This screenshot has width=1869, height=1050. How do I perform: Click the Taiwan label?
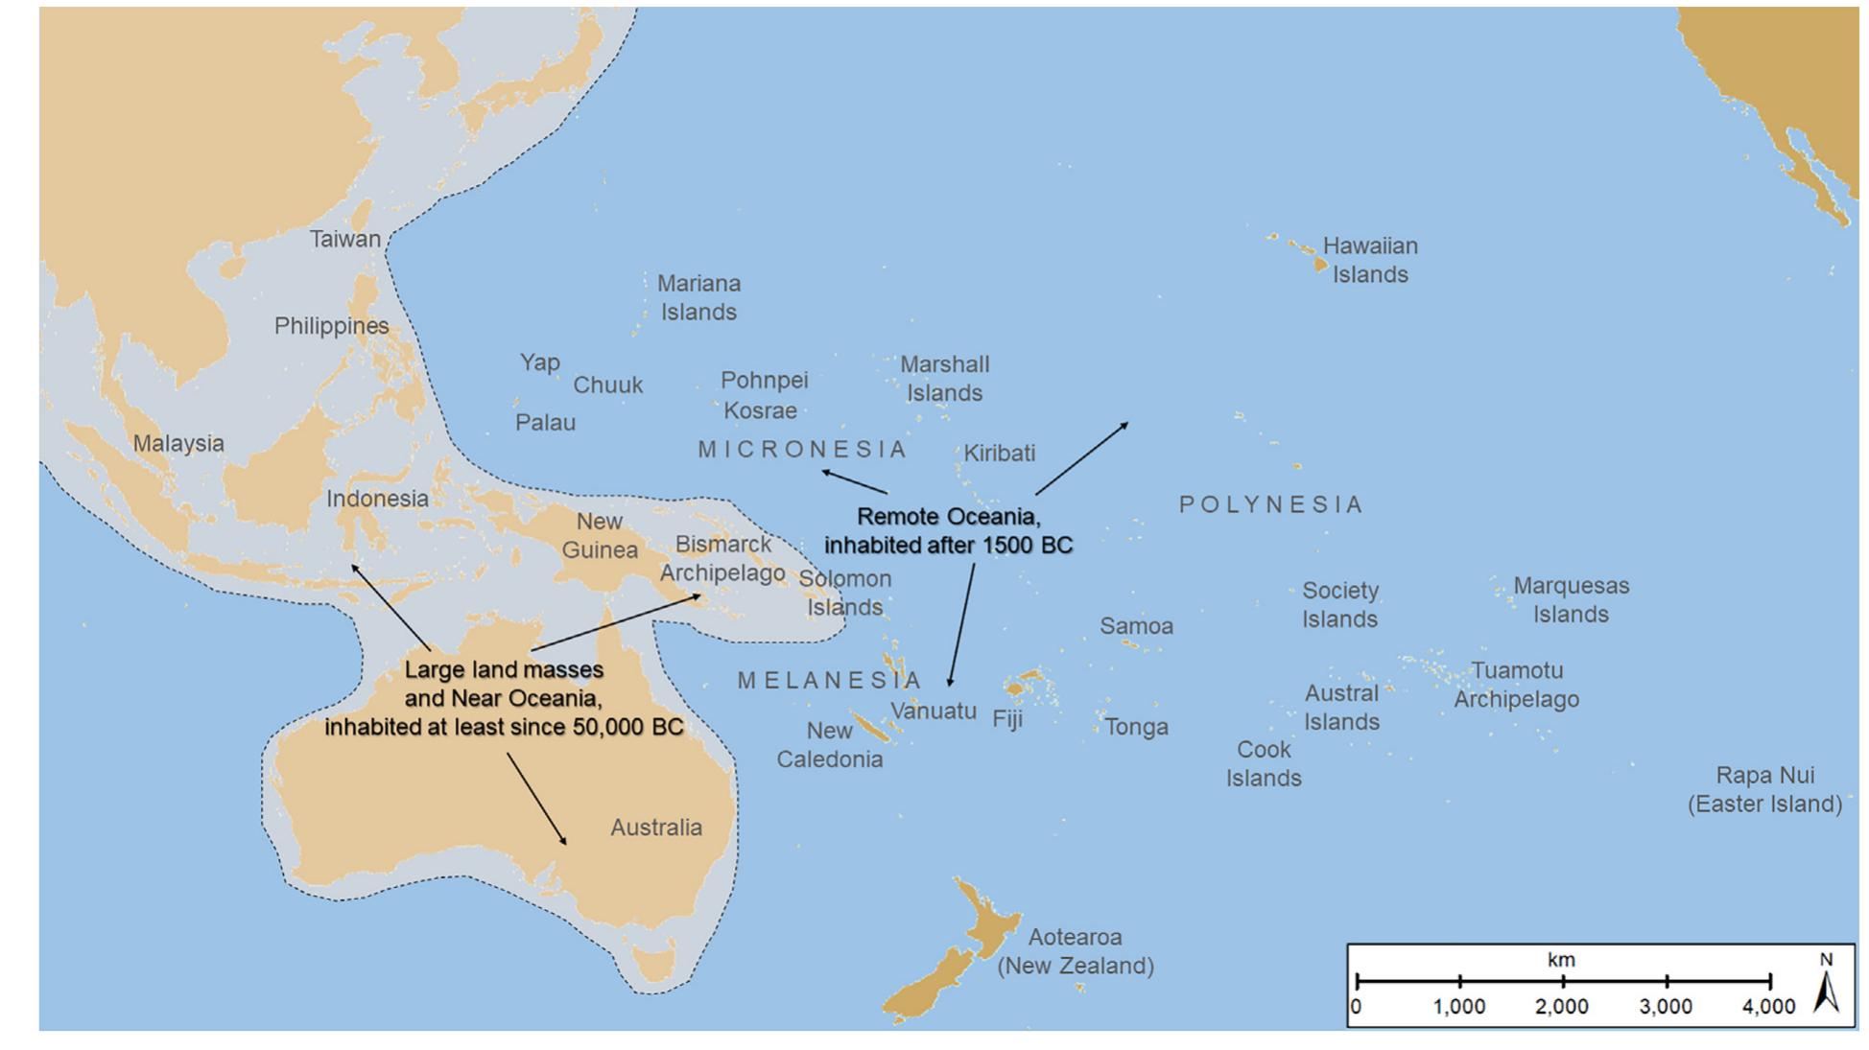pos(344,239)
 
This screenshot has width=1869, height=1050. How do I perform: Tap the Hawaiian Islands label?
pos(1369,260)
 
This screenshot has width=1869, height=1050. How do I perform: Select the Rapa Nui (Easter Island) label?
pos(1764,789)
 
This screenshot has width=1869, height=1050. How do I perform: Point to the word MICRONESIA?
pos(802,449)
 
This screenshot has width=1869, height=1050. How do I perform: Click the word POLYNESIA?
pos(1270,504)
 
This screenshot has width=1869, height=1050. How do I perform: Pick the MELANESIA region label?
pos(829,681)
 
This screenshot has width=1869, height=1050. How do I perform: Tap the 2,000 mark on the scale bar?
pos(1562,1006)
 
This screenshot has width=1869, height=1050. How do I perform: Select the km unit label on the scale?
pos(1561,960)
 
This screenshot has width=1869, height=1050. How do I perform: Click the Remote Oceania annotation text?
pos(948,530)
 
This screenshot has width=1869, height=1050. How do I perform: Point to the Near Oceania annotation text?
pos(504,698)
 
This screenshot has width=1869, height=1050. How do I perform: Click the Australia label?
pos(656,827)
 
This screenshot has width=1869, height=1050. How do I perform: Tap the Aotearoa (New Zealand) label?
pos(1075,951)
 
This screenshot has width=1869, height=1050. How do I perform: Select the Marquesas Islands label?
pos(1571,599)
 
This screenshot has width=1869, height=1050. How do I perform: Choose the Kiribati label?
pos(999,453)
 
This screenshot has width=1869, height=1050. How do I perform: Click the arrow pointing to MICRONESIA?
pos(854,481)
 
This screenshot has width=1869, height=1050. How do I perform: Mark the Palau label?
pos(545,422)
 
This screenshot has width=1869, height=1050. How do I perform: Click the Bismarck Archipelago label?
pos(722,558)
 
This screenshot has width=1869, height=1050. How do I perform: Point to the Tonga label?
pos(1136,727)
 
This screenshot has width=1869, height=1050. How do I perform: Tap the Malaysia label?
pos(178,443)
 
